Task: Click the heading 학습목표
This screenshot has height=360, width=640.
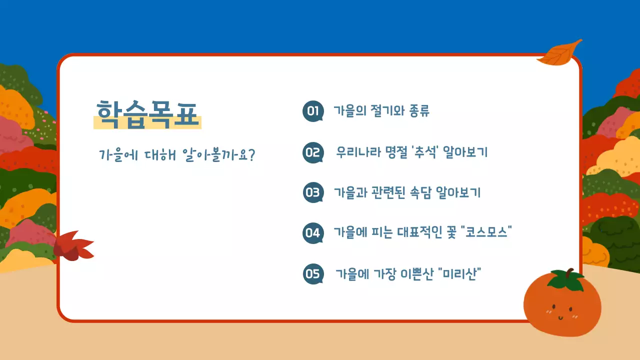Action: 147,114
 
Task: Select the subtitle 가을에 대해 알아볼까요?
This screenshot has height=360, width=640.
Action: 177,154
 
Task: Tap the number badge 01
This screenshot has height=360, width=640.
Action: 313,111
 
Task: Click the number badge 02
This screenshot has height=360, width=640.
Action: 313,152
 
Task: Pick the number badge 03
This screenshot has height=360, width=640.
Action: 313,192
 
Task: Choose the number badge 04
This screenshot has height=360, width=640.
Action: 313,233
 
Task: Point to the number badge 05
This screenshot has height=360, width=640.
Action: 313,273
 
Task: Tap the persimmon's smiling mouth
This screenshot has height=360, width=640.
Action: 560,316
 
